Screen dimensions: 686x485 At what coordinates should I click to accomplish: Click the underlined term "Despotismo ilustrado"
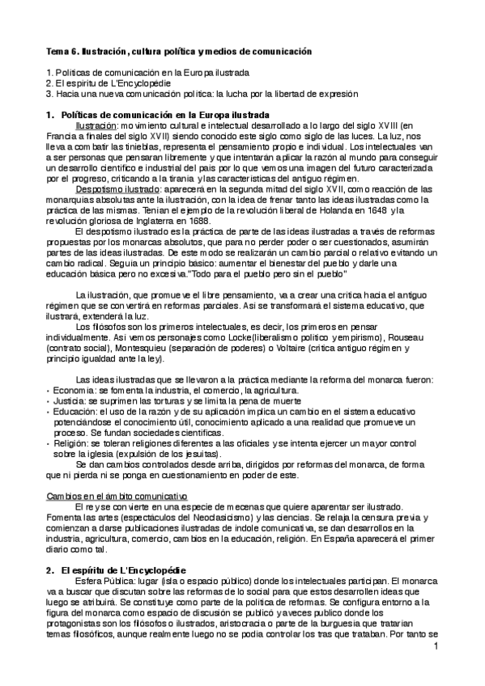pos(111,188)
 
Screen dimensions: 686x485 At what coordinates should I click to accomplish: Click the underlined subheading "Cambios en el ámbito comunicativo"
pos(117,495)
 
